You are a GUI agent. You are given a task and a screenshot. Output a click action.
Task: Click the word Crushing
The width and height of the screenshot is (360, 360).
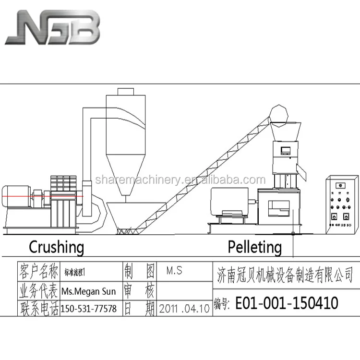tap(56, 247)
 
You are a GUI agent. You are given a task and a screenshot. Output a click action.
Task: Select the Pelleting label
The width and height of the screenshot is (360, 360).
tap(254, 247)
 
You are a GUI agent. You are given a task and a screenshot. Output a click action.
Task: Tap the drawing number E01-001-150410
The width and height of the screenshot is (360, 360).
tap(286, 303)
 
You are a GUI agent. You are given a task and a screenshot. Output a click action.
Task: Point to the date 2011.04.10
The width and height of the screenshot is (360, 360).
tap(185, 308)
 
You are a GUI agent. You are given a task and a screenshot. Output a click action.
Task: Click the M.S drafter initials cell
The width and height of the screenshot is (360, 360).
tap(174, 271)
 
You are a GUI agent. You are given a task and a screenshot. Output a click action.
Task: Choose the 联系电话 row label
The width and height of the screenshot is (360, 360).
tap(38, 308)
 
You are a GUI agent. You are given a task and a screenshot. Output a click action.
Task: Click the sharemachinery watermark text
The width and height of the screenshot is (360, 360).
tap(180, 180)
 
